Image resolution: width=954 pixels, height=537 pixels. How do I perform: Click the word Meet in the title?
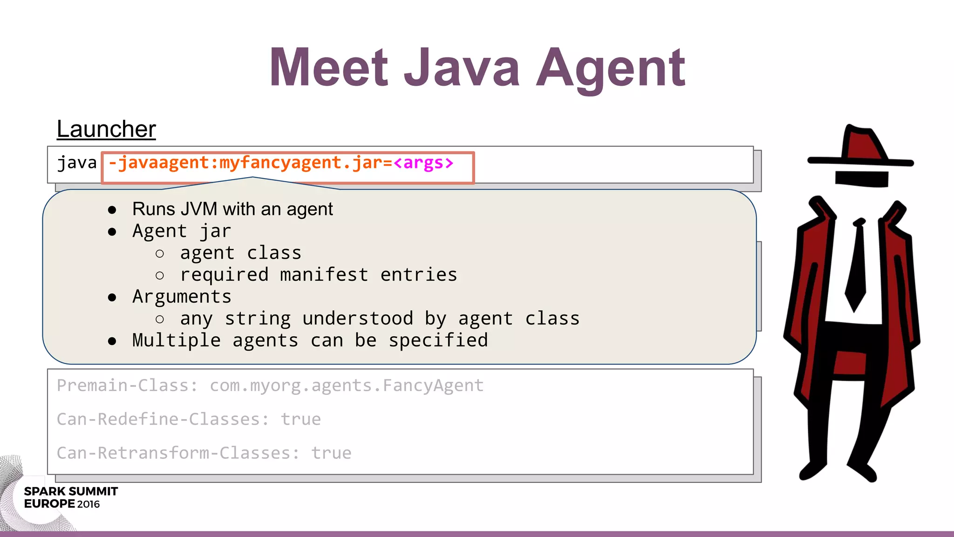328,68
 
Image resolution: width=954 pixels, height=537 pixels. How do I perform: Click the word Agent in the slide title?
611,69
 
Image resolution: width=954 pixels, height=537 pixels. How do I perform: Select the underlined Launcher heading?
106,129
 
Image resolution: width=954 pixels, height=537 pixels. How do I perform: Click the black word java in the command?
77,163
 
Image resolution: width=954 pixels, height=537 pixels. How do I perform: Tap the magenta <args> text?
423,163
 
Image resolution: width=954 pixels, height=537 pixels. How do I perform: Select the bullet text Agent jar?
181,231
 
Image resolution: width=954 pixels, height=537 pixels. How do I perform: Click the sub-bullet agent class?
240,253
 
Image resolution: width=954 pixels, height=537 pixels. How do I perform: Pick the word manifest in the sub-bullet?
324,275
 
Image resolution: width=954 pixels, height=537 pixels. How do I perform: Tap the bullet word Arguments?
182,297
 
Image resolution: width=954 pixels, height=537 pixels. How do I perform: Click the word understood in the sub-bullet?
357,319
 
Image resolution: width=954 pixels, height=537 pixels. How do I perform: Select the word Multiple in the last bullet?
176,341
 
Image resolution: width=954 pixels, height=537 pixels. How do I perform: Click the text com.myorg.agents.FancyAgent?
347,386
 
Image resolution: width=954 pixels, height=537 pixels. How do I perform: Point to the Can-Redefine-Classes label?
163,420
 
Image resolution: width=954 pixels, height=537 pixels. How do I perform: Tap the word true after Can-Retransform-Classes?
331,453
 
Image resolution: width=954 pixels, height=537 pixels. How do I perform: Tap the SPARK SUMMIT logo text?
71,491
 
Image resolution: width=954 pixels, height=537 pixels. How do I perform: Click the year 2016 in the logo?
89,504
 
